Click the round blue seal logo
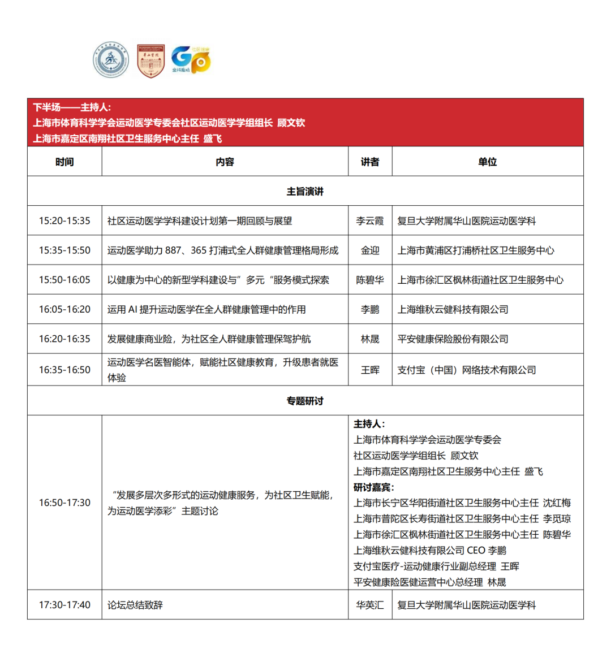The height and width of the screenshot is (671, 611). coord(111,60)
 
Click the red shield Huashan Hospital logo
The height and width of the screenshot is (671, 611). coord(150,60)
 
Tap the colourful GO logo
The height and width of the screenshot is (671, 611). coord(191,60)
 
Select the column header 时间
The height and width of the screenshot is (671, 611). coord(64,162)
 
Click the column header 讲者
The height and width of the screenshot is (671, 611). coord(370,162)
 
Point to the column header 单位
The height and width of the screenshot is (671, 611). coord(487,162)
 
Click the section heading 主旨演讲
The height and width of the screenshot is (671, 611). coord(305,191)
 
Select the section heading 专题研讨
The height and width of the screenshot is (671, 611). coord(305,401)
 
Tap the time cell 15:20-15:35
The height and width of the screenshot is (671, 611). coord(64,220)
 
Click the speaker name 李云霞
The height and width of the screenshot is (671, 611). coord(370,220)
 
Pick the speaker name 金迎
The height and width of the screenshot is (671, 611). coord(370,250)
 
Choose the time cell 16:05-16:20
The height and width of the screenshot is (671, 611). coord(64,309)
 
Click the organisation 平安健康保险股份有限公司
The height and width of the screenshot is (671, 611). coord(453,339)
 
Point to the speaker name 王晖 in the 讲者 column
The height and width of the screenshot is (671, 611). coord(370,370)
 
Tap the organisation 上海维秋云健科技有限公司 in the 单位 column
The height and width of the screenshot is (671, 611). coord(453,309)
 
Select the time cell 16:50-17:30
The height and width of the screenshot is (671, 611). coord(64,503)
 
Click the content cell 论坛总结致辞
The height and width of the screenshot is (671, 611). coord(135,605)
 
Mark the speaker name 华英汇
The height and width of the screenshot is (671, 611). coord(370,605)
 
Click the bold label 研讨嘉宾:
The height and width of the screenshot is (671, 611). coord(374,487)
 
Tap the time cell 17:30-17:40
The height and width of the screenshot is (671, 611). coord(64,605)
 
